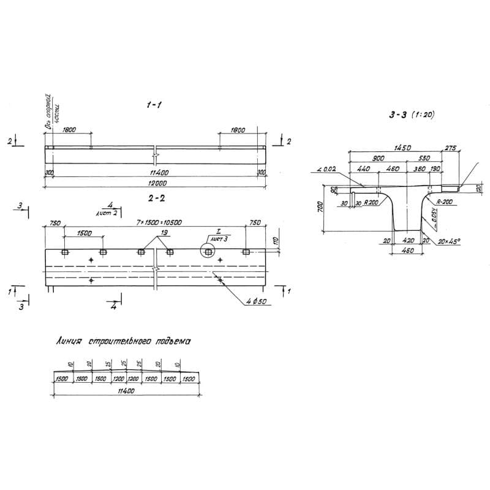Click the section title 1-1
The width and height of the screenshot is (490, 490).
153,106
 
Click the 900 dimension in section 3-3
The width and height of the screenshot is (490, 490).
378,159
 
